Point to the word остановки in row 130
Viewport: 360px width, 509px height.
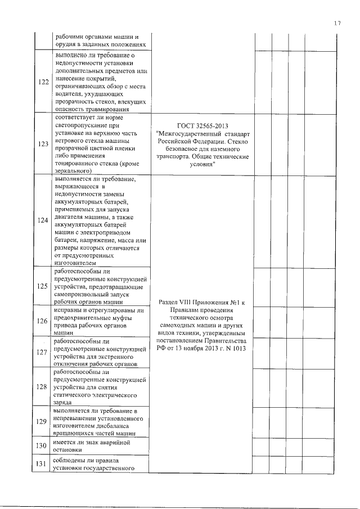[x=71, y=450]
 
